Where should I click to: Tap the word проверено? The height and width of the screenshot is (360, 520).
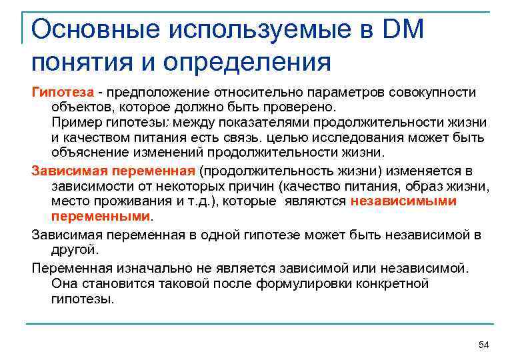[303, 107]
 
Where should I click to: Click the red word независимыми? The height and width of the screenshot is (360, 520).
[403, 201]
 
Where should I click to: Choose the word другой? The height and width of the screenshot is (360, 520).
[75, 250]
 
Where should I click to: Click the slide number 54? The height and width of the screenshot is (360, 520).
[484, 344]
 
